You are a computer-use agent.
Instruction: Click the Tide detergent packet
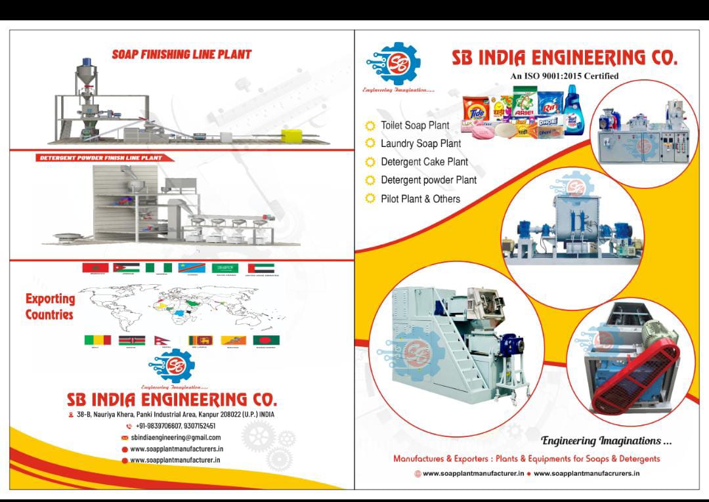[475, 110]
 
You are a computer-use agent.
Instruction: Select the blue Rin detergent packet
[550, 104]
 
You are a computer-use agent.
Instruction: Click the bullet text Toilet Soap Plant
[415, 125]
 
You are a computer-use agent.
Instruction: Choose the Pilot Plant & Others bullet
[420, 199]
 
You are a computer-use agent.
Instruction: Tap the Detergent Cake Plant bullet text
[424, 162]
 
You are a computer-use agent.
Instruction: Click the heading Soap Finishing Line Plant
[181, 54]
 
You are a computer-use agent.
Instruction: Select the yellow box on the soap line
[289, 136]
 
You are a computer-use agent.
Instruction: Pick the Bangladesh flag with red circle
[266, 341]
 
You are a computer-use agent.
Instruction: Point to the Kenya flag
[131, 341]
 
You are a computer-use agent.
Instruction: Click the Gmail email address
[175, 437]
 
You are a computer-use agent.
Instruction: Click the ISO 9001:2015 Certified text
[564, 76]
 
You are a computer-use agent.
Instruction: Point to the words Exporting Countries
[50, 306]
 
